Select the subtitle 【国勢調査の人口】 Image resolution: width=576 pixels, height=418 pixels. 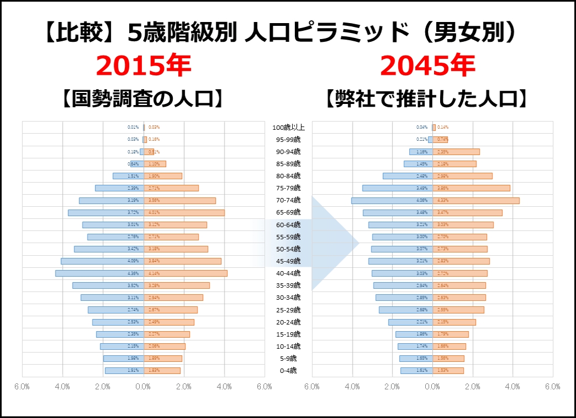click(143, 100)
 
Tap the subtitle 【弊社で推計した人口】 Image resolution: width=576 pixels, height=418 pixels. click(427, 100)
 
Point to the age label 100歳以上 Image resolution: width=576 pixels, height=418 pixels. click(288, 128)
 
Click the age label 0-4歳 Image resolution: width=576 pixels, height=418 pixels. click(288, 371)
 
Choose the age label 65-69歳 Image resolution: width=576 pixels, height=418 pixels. click(288, 212)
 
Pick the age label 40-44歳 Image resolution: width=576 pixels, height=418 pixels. click(288, 273)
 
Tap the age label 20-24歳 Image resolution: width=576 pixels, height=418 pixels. click(288, 322)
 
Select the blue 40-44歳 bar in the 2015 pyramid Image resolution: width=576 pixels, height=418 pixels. click(99, 273)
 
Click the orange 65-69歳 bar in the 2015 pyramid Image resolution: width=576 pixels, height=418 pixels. click(184, 212)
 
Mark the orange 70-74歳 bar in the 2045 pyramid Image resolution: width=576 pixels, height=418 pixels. click(476, 200)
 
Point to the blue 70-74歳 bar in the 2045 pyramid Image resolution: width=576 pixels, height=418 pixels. click(392, 200)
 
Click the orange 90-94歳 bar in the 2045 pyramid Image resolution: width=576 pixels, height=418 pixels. click(456, 152)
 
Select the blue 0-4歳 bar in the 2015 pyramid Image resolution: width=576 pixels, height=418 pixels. click(124, 371)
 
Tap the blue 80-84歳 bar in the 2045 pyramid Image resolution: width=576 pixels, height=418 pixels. click(407, 176)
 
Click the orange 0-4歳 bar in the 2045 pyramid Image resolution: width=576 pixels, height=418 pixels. click(448, 371)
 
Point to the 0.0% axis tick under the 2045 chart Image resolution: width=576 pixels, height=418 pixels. click(432, 387)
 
